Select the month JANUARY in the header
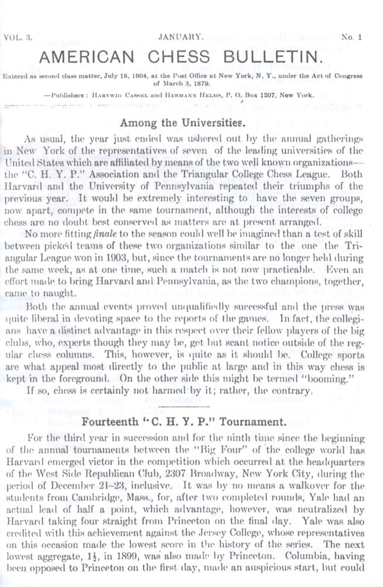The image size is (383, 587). (x=181, y=37)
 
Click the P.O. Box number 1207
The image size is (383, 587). (x=268, y=95)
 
